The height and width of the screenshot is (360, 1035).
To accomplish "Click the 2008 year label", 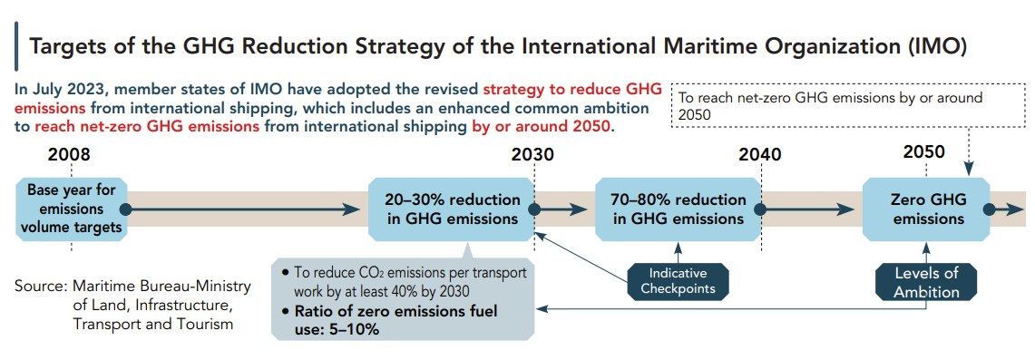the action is click(69, 155).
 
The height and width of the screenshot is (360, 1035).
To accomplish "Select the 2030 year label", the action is click(532, 155).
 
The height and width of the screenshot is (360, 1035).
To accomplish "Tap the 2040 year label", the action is click(760, 155).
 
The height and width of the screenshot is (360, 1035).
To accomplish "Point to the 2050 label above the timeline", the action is click(924, 152).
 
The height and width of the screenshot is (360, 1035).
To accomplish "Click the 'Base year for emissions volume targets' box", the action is click(71, 209).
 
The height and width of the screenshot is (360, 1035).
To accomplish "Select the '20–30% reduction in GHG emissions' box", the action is click(452, 209).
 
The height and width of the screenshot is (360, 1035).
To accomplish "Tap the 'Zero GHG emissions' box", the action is click(926, 209).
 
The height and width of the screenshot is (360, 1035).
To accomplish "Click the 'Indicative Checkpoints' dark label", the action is click(678, 281).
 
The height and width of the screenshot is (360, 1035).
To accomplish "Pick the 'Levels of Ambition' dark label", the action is click(926, 282).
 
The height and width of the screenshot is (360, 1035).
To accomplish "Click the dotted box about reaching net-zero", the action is click(849, 106).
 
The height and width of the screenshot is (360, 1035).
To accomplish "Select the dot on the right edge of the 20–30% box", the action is click(535, 209).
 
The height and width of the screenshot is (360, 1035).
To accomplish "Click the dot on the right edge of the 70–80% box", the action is click(760, 209).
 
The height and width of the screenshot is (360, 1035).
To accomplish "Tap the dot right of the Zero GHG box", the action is click(989, 209).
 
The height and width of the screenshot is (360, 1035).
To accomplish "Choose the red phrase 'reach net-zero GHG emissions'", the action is click(147, 125).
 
